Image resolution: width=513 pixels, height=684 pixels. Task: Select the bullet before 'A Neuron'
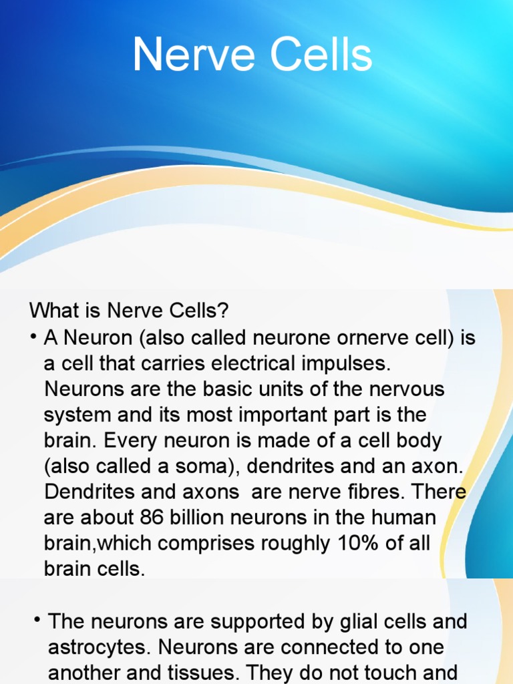pyautogui.click(x=33, y=336)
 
